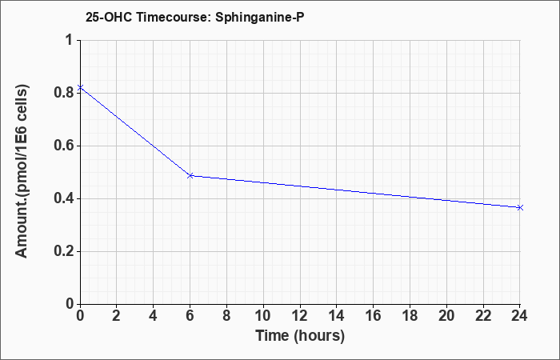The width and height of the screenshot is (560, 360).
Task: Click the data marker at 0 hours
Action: click(81, 87)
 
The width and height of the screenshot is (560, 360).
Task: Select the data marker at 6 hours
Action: click(190, 176)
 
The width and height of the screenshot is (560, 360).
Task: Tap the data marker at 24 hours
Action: click(520, 207)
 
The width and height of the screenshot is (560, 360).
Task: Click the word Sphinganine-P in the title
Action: click(260, 17)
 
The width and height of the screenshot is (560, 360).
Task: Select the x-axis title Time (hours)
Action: click(300, 336)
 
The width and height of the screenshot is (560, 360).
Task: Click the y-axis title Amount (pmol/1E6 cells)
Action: click(22, 171)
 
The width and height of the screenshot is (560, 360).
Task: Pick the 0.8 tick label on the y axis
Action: click(63, 93)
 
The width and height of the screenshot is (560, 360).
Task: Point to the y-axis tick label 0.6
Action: click(63, 146)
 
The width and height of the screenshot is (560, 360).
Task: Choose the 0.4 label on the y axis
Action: click(63, 198)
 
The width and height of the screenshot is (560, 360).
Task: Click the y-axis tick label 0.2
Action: click(63, 251)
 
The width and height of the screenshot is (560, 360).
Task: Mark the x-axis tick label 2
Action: click(117, 316)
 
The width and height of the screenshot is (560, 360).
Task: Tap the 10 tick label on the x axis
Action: click(263, 316)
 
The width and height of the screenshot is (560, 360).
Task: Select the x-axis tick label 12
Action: click(300, 316)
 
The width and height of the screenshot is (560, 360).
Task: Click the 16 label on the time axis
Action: click(374, 316)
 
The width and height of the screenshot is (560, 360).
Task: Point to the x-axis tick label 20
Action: click(446, 316)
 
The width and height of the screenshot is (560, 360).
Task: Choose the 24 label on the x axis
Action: click(520, 316)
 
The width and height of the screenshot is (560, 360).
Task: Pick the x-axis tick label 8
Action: click(226, 316)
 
